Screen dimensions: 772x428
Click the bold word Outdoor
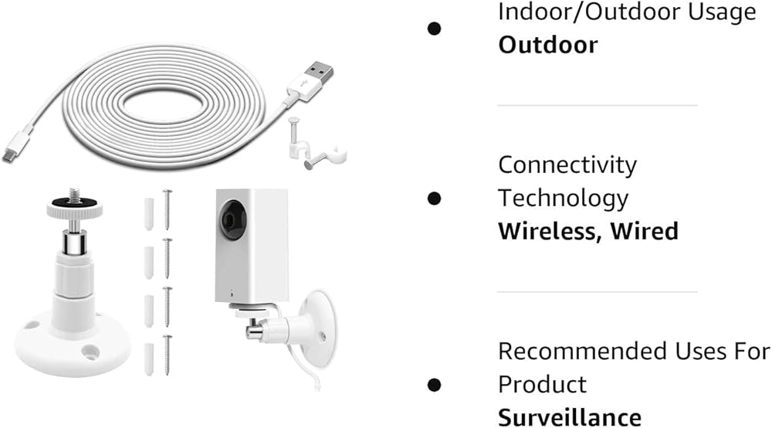click(547, 44)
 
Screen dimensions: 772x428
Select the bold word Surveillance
click(569, 416)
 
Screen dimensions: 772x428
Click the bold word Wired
click(645, 230)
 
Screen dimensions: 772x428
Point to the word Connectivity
click(567, 165)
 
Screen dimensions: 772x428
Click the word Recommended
click(573, 351)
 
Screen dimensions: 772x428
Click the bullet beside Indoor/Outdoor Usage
click(434, 29)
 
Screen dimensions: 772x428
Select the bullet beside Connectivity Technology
click(434, 198)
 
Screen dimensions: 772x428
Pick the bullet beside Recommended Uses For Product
click(434, 384)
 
